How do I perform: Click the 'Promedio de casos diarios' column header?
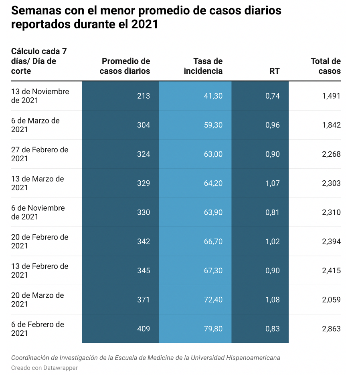125,66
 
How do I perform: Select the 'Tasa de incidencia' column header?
203,66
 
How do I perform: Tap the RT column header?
275,71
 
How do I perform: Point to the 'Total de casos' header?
326,66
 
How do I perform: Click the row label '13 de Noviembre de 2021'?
40,96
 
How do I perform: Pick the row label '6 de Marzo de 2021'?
35,125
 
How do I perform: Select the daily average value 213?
144,96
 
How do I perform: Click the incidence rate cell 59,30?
213,125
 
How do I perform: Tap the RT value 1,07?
273,183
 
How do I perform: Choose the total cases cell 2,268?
331,154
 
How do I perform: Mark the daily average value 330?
144,212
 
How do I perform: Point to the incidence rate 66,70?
213,242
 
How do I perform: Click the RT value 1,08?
273,300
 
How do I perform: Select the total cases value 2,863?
331,329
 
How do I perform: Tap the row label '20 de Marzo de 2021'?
37,300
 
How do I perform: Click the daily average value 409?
144,329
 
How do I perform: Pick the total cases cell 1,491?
331,96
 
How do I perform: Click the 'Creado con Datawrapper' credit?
44,367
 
